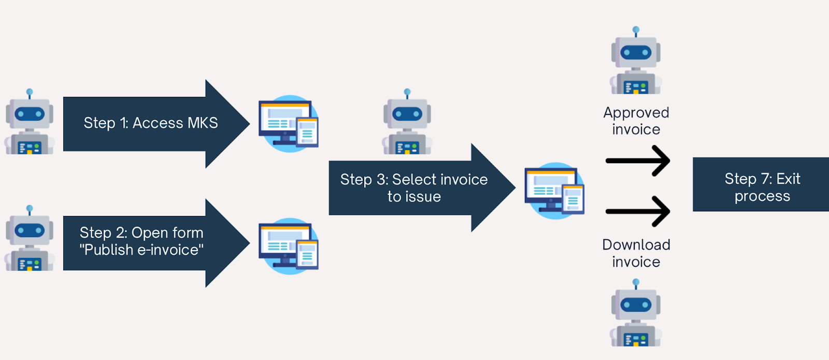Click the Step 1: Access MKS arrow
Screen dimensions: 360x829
pos(150,123)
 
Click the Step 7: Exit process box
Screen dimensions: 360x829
pos(762,184)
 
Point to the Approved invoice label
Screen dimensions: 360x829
pos(636,121)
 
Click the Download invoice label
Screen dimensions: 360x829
pos(636,253)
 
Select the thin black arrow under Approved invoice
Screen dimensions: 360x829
pos(638,161)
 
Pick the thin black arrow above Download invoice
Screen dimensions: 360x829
pos(638,211)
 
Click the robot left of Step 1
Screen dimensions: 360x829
pos(30,123)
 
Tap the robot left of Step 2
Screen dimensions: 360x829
pos(30,239)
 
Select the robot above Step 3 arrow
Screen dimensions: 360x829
pos(407,123)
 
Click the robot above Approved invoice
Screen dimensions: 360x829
pos(636,62)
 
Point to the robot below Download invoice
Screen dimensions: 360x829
pos(636,314)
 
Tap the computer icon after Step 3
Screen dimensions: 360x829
pos(554,191)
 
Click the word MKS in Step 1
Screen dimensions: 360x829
pos(203,123)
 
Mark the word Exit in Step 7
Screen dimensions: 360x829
pos(788,179)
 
